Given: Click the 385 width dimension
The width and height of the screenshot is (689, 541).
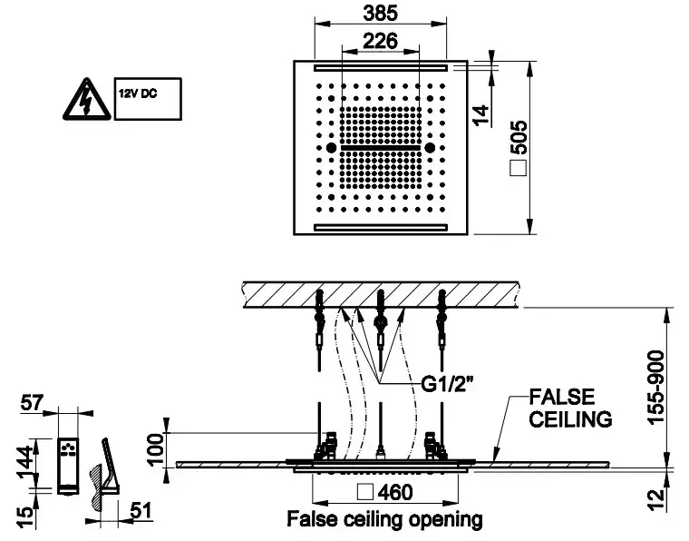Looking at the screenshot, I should click(x=382, y=14).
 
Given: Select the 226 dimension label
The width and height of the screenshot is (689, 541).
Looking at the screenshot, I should click(x=381, y=40).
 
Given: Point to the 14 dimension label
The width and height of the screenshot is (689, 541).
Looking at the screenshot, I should click(x=480, y=113).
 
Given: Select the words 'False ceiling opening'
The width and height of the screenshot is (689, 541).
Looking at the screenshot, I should click(x=384, y=520).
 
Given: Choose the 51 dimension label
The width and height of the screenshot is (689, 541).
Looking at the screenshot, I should click(x=140, y=512).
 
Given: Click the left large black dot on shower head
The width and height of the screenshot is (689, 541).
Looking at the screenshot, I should click(x=332, y=147).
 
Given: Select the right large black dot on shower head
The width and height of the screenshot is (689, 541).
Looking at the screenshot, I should click(x=430, y=147).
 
